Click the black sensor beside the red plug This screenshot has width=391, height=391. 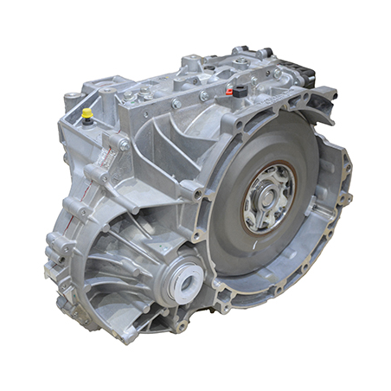240,90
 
